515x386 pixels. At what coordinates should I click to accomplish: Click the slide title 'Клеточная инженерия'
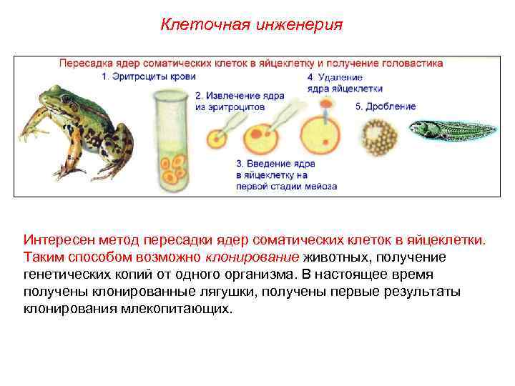pyautogui.click(x=251, y=25)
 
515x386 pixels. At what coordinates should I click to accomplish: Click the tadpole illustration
pyautogui.click(x=451, y=129)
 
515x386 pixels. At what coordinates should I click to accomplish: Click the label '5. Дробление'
pyautogui.click(x=386, y=107)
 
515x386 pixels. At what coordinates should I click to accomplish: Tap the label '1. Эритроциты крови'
pyautogui.click(x=148, y=76)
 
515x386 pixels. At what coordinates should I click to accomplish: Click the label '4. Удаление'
pyautogui.click(x=335, y=76)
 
